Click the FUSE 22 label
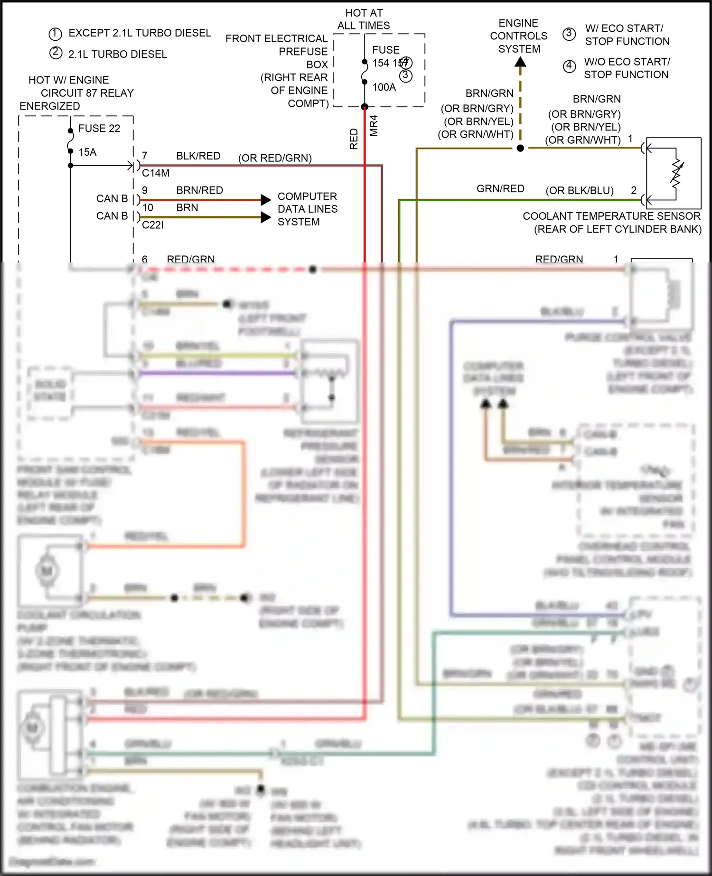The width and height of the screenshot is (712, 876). pyautogui.click(x=99, y=129)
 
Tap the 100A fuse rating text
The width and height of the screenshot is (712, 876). pyautogui.click(x=384, y=87)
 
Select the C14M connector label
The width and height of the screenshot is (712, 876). pyautogui.click(x=156, y=173)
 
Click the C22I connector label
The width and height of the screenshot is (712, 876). pyautogui.click(x=152, y=225)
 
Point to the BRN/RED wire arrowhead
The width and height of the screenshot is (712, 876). pyautogui.click(x=266, y=200)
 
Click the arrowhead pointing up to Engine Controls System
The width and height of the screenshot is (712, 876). pyautogui.click(x=520, y=62)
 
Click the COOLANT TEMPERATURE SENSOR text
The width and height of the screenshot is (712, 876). pyautogui.click(x=611, y=216)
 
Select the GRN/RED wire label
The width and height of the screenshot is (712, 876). pyautogui.click(x=500, y=189)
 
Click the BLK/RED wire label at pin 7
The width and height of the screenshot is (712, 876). pyautogui.click(x=198, y=156)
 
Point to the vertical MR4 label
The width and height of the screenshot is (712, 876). pyautogui.click(x=374, y=126)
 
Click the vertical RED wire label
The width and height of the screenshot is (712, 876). pyautogui.click(x=354, y=139)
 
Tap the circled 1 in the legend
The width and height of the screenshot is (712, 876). pyautogui.click(x=56, y=34)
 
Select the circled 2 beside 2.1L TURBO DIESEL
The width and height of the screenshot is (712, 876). pyautogui.click(x=56, y=53)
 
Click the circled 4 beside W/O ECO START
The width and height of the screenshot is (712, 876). pyautogui.click(x=569, y=66)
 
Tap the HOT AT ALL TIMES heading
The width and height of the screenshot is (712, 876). pyautogui.click(x=364, y=19)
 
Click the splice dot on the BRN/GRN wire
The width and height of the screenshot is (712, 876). pyautogui.click(x=520, y=148)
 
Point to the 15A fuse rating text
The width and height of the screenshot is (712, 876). pyautogui.click(x=87, y=152)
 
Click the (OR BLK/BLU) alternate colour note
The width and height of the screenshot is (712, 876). pyautogui.click(x=580, y=191)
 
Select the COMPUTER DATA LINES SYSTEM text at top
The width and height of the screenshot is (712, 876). pyautogui.click(x=307, y=209)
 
